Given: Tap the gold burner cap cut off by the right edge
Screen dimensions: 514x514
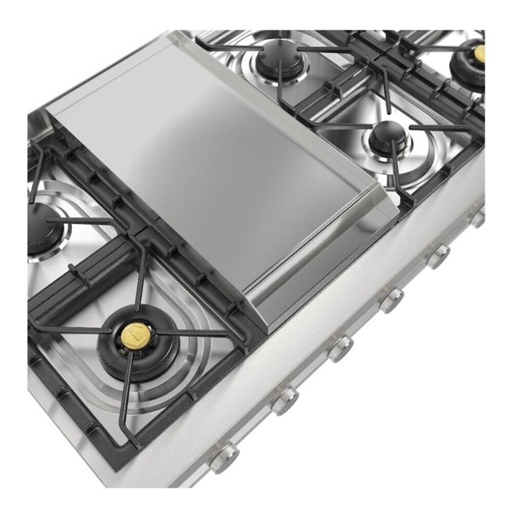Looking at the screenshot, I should pyautogui.click(x=479, y=53).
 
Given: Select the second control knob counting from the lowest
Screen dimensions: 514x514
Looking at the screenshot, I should pyautogui.click(x=284, y=400).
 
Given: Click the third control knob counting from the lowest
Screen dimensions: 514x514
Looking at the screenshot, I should pyautogui.click(x=339, y=347).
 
